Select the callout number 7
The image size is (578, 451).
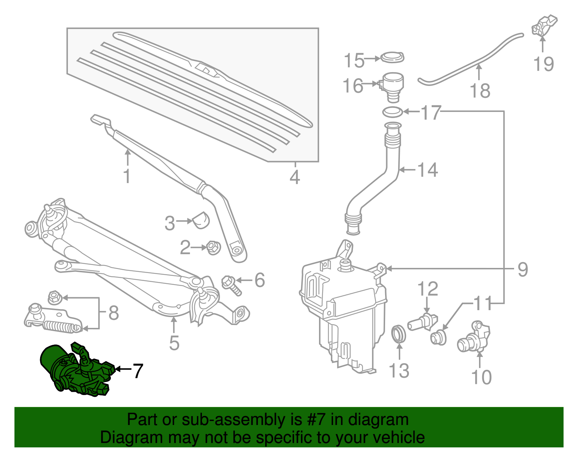pyautogui.click(x=138, y=371)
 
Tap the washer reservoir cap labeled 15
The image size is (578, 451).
pyautogui.click(x=392, y=57)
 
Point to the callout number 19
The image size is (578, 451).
pyautogui.click(x=543, y=64)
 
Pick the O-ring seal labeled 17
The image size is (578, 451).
pyautogui.click(x=393, y=112)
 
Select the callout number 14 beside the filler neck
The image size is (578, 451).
pyautogui.click(x=428, y=170)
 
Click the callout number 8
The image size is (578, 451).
pyautogui.click(x=113, y=313)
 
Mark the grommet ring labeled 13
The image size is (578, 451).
pyautogui.click(x=399, y=334)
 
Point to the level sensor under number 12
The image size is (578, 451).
pyautogui.click(x=423, y=321)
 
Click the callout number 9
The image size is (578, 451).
pyautogui.click(x=522, y=269)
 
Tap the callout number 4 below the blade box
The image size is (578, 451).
pyautogui.click(x=295, y=177)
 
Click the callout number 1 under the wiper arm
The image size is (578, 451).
pyautogui.click(x=126, y=176)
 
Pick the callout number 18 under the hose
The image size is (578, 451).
pyautogui.click(x=480, y=90)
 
